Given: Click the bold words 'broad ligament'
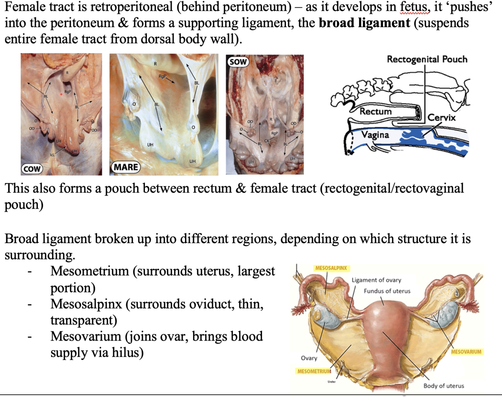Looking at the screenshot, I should [364, 23].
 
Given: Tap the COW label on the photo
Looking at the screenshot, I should [32, 169].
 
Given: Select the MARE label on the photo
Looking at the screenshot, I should [126, 167].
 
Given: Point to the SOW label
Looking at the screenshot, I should [238, 62].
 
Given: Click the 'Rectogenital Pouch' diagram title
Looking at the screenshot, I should [427, 59].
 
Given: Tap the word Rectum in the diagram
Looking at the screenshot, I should [375, 111].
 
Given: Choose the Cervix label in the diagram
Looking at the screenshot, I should [441, 118].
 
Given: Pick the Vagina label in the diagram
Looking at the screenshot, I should [375, 135].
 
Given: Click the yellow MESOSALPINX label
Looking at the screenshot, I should [331, 268].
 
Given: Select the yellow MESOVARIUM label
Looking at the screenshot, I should [466, 352].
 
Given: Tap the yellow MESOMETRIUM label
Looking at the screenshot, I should [314, 371].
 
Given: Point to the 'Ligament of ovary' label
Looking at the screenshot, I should [376, 280].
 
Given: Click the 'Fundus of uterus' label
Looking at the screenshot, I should [387, 291].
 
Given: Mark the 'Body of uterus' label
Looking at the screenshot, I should [444, 386].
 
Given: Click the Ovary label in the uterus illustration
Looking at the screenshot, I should [309, 358].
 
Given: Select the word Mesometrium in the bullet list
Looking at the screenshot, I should [90, 271].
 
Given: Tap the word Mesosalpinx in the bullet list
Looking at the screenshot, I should [86, 304].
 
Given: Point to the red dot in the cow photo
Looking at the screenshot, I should [61, 94].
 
